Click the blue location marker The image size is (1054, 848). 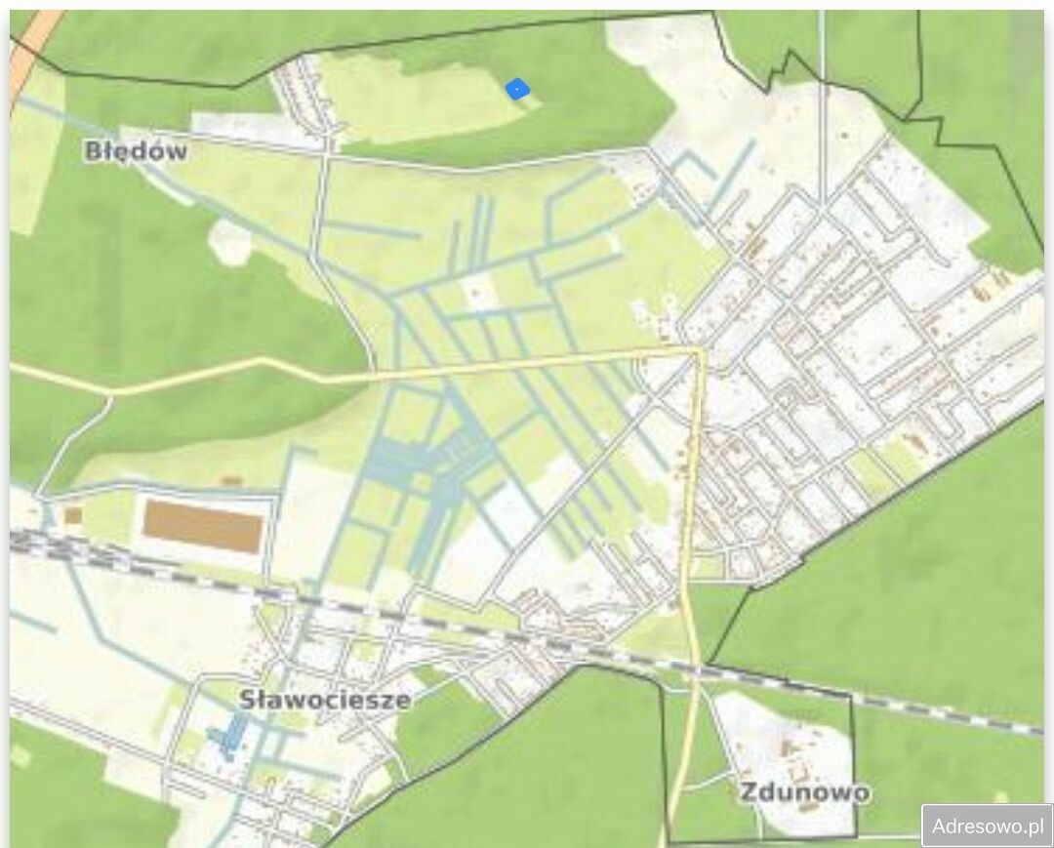[517, 90]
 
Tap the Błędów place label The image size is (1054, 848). [136, 151]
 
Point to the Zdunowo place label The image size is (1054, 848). [803, 791]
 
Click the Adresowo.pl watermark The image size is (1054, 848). [987, 826]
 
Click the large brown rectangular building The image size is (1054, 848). [203, 527]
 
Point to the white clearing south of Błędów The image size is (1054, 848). [231, 241]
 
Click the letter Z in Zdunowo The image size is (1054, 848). [748, 791]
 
